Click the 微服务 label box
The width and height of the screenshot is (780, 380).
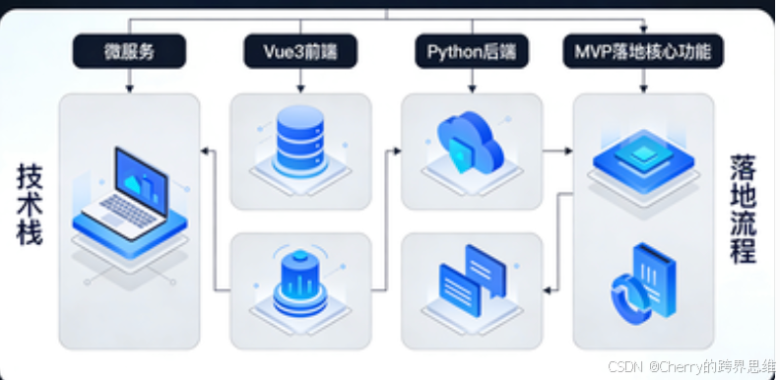coord(130,51)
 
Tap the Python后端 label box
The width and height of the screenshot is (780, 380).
coord(472,51)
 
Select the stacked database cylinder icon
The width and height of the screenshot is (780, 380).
coord(300,141)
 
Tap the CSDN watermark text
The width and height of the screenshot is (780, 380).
coord(689,366)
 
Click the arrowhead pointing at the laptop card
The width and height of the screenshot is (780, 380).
coord(203,151)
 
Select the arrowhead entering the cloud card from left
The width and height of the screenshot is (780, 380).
coord(396,151)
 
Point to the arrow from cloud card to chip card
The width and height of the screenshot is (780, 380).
coord(557,151)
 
